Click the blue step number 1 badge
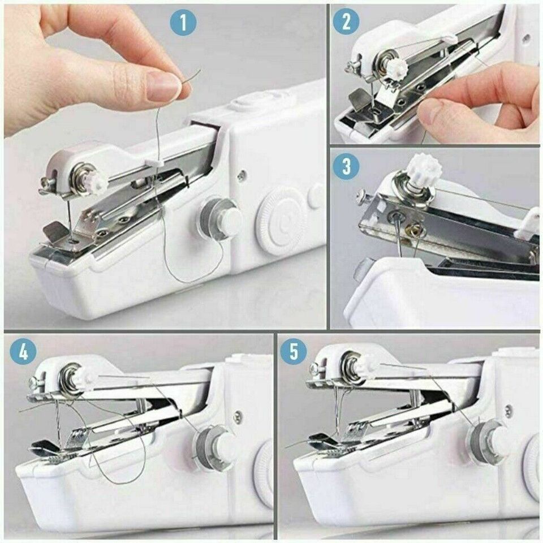(x=183, y=23)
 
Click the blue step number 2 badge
(x=346, y=22)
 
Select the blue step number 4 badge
(x=23, y=351)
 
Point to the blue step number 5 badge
(x=294, y=351)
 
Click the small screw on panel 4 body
(x=238, y=417)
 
